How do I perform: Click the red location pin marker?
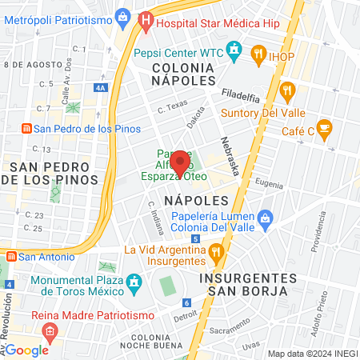click(180, 163)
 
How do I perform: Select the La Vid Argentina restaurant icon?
click(215, 254)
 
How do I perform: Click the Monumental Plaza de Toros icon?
click(134, 282)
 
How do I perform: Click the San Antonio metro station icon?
click(11, 257)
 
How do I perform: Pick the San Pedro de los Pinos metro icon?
click(26, 128)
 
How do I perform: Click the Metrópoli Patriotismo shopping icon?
click(122, 16)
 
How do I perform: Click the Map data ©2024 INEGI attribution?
click(312, 354)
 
